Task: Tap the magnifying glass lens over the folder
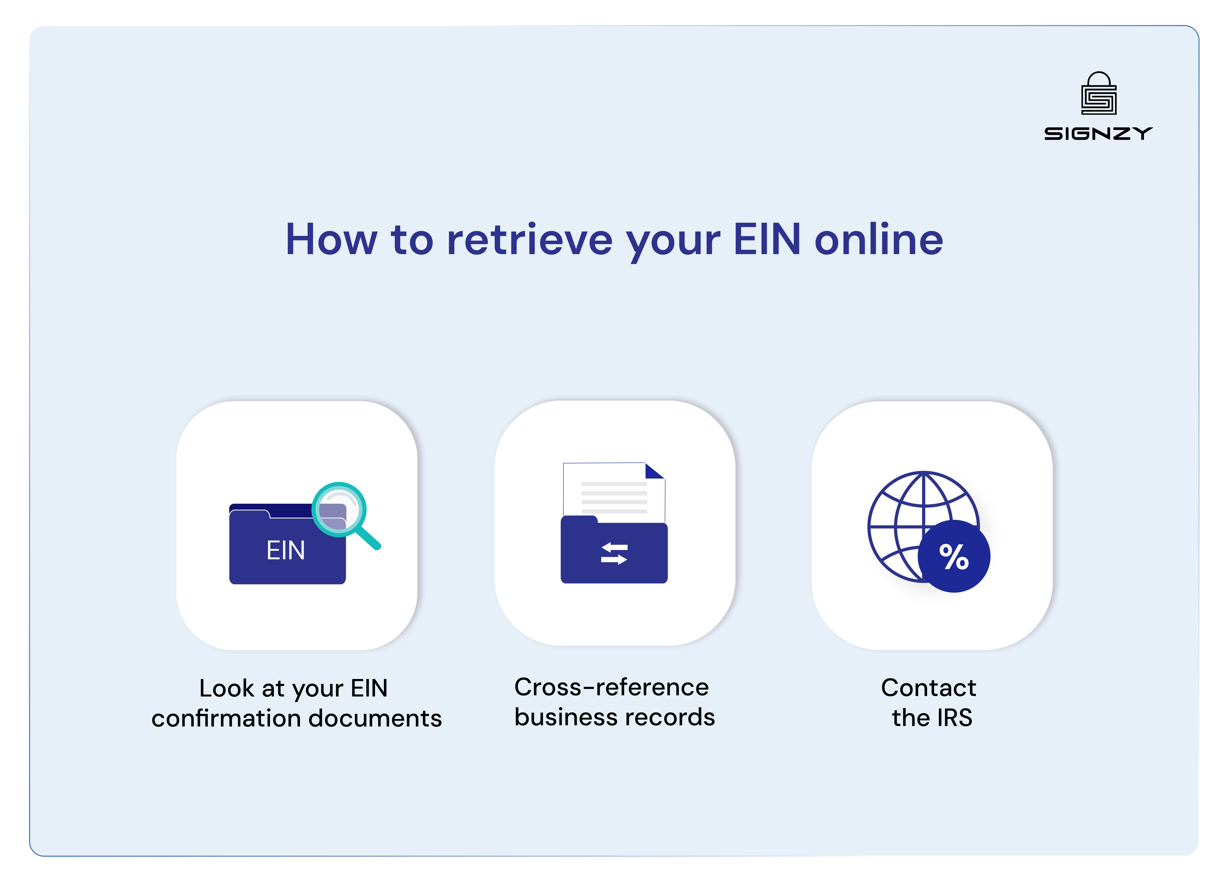click(339, 509)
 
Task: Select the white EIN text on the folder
click(286, 551)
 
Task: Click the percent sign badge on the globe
click(954, 557)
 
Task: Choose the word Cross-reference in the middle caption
click(611, 687)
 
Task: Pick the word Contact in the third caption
click(928, 688)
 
